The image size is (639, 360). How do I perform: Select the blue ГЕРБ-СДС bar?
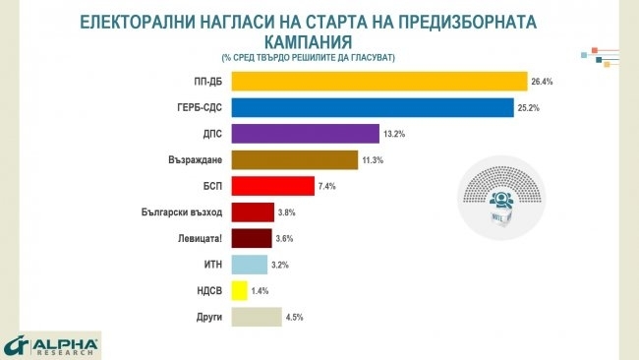pos(373,107)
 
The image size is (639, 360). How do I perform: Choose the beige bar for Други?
pos(257,318)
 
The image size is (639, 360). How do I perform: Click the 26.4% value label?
pos(543,82)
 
